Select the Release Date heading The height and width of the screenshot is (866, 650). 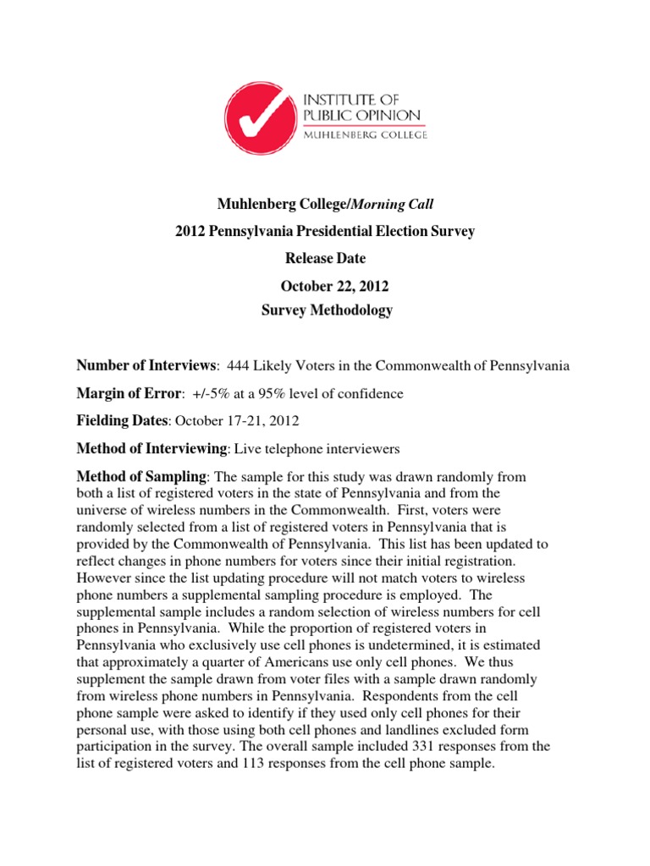[324, 257]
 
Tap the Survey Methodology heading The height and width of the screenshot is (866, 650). [328, 310]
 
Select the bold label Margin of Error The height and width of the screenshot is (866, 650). [129, 393]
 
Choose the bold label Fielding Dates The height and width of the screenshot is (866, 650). [123, 421]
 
